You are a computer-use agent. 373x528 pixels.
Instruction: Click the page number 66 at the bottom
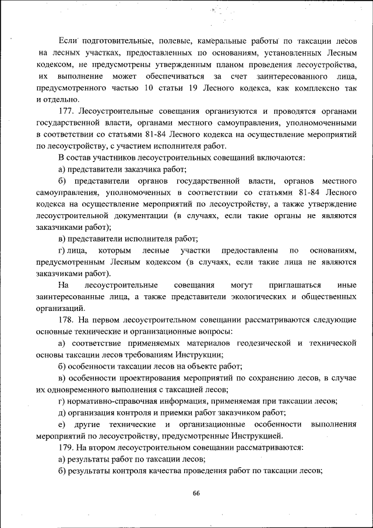coord(196,493)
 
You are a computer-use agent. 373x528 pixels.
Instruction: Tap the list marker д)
coord(62,412)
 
